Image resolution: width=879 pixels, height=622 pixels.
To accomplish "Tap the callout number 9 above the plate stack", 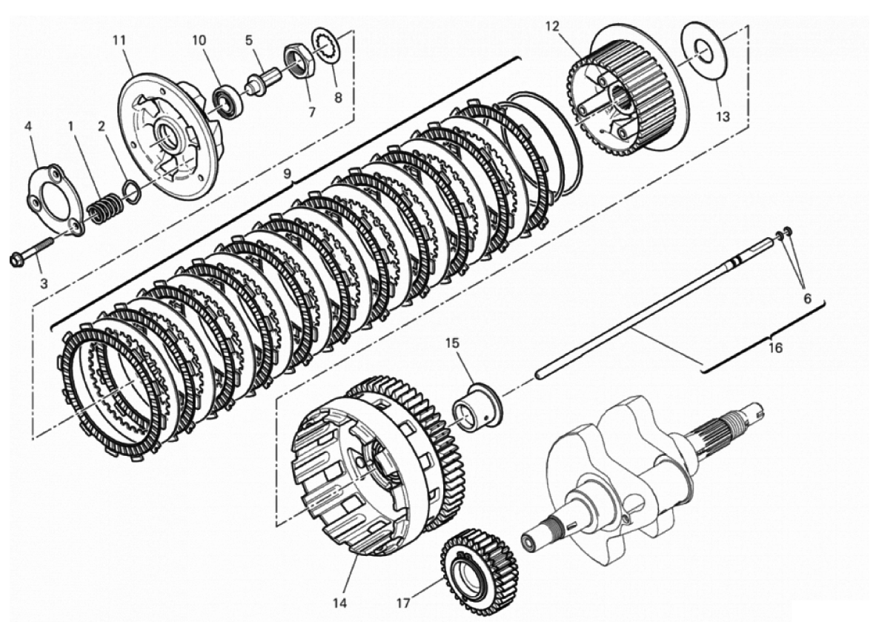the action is point(288,174).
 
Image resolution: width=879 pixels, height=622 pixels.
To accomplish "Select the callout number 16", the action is point(775,348).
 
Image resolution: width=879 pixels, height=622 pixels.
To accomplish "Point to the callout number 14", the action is point(339,603).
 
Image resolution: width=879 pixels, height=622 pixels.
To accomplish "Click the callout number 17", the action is point(404,603).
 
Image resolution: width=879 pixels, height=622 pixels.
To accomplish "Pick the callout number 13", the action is point(723,116).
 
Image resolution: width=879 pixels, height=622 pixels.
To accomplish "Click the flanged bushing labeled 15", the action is point(477,407).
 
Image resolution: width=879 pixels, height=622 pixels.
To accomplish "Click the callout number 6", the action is point(807,300).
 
